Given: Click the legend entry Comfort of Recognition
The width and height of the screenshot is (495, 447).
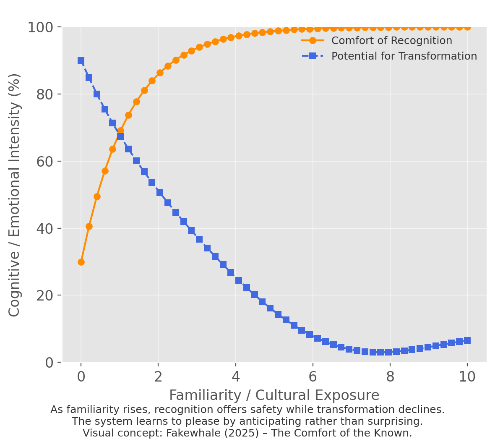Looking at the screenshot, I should pos(391,41).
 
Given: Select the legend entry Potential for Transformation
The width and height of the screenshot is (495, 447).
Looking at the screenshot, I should pos(404,56).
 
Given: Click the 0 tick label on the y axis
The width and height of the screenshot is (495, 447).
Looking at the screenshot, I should pos(49,362).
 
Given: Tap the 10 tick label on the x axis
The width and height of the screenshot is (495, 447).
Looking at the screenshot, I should pos(467,377).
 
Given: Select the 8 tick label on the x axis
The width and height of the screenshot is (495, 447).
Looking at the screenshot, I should pos(390,377).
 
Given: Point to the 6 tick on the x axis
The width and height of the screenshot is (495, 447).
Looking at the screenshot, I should pos(313,377).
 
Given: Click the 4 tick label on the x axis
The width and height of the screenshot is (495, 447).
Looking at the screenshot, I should pos(235,377).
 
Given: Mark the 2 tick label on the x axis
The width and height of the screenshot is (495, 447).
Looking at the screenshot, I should pos(158,377).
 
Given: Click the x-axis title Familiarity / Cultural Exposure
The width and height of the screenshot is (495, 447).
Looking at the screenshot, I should pos(274,395).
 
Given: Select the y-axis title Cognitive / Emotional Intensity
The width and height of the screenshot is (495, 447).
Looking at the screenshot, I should pos(15,195).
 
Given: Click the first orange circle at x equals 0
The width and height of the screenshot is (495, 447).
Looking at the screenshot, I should pos(81,262).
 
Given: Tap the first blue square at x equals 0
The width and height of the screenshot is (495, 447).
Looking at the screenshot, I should pos(81,60).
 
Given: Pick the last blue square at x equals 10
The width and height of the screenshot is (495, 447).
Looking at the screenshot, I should pos(467,340).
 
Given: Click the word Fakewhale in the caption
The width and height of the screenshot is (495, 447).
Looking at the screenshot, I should pos(191,433).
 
